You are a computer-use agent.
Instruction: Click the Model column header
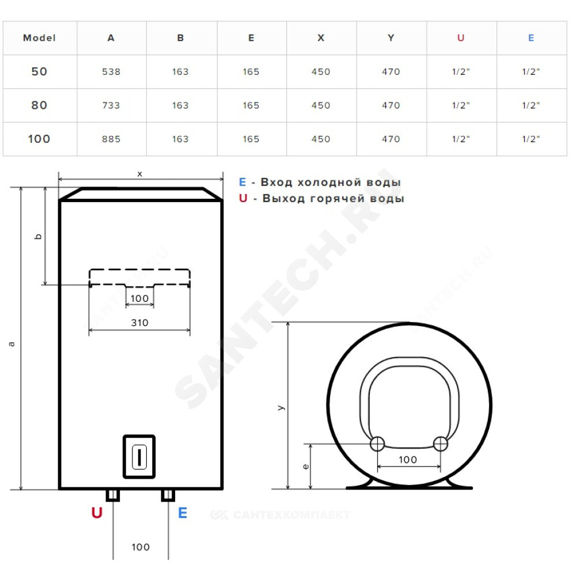pyautogui.click(x=39, y=38)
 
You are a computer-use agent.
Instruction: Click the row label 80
pyautogui.click(x=39, y=105)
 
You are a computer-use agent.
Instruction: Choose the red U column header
pyautogui.click(x=461, y=38)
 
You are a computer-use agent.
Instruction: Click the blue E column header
pyautogui.click(x=531, y=38)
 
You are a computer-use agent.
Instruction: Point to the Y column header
pyautogui.click(x=391, y=38)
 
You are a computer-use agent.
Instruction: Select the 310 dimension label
pyautogui.click(x=139, y=323)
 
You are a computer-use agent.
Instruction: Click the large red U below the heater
pyautogui.click(x=97, y=512)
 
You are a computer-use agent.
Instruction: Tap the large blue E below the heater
pyautogui.click(x=183, y=512)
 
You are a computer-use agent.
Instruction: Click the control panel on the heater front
pyautogui.click(x=139, y=456)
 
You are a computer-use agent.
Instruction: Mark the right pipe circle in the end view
pyautogui.click(x=441, y=444)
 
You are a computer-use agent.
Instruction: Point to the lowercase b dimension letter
pyautogui.click(x=39, y=236)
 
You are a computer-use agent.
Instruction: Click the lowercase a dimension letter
pyautogui.click(x=12, y=344)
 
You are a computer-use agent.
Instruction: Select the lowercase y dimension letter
pyautogui.click(x=281, y=407)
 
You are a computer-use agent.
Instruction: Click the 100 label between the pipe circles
pyautogui.click(x=408, y=460)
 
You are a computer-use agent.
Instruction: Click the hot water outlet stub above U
pyautogui.click(x=112, y=495)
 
